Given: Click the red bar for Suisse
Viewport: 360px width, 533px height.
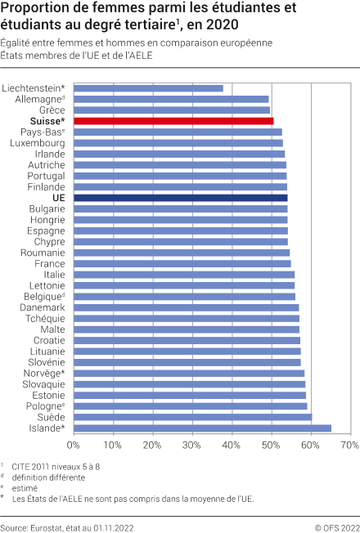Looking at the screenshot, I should pyautogui.click(x=173, y=121).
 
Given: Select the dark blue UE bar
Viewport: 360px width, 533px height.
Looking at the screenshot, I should pyautogui.click(x=180, y=198).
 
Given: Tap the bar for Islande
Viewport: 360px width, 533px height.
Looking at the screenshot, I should pyautogui.click(x=202, y=428).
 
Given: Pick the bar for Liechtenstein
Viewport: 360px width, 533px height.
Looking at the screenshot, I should pyautogui.click(x=148, y=87).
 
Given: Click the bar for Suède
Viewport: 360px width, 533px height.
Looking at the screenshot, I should pyautogui.click(x=192, y=417).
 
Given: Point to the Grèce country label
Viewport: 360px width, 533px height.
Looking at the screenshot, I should pyautogui.click(x=52, y=110).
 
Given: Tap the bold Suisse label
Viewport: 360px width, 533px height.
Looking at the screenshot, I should pyautogui.click(x=47, y=121).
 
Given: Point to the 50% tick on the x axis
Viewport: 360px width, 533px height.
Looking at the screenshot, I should pyautogui.click(x=271, y=446).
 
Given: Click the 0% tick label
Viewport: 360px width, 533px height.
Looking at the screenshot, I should pyautogui.click(x=74, y=446).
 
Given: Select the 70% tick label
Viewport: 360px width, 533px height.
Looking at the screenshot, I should pyautogui.click(x=349, y=446).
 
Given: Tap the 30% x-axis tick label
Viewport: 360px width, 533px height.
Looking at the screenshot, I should pyautogui.click(x=191, y=446).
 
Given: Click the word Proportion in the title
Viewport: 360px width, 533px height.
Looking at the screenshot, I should pyautogui.click(x=32, y=9).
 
